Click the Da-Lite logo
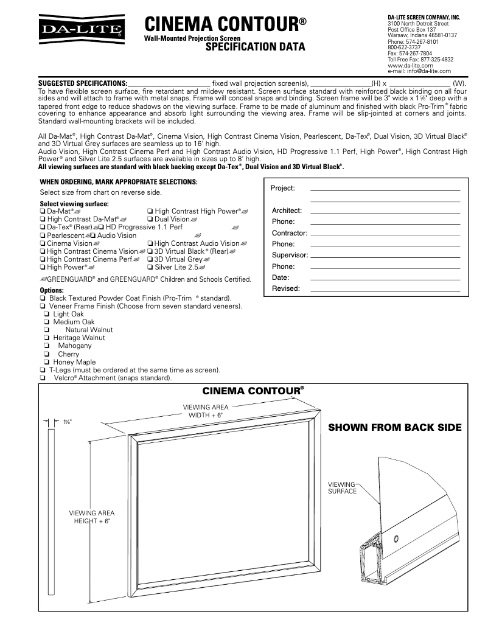click(x=82, y=27)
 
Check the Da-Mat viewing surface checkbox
click(x=42, y=211)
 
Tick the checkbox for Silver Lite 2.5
click(x=150, y=267)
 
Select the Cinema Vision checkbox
click(x=42, y=243)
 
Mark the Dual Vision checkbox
click(x=150, y=219)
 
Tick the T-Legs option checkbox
click(x=42, y=370)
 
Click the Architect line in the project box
click(x=385, y=211)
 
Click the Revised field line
click(x=385, y=288)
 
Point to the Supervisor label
click(x=290, y=255)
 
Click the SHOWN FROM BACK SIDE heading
click(x=395, y=428)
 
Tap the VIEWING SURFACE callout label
click(x=342, y=487)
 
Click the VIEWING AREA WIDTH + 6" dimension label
click(x=206, y=411)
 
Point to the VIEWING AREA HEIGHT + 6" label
click(x=92, y=517)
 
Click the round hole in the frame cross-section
click(x=396, y=538)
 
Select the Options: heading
click(x=52, y=290)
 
